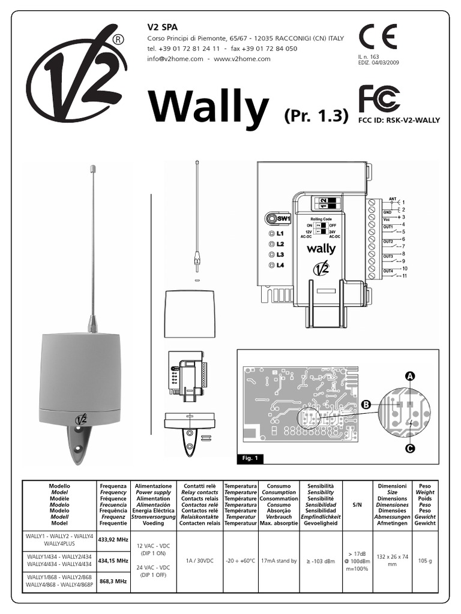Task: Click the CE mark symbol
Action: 377,38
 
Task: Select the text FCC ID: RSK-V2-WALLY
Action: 399,120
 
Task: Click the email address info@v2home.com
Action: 174,59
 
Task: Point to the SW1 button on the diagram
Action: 278,219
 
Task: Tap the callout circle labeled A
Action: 410,376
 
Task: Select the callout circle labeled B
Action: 366,405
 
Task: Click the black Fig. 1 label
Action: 249,459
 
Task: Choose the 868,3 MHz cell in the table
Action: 113,581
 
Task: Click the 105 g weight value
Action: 424,561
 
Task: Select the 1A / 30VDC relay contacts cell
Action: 200,561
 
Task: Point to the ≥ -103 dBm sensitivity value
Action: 320,561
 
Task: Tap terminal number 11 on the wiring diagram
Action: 404,276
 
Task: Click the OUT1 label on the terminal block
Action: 388,227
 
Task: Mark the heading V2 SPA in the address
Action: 163,27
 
